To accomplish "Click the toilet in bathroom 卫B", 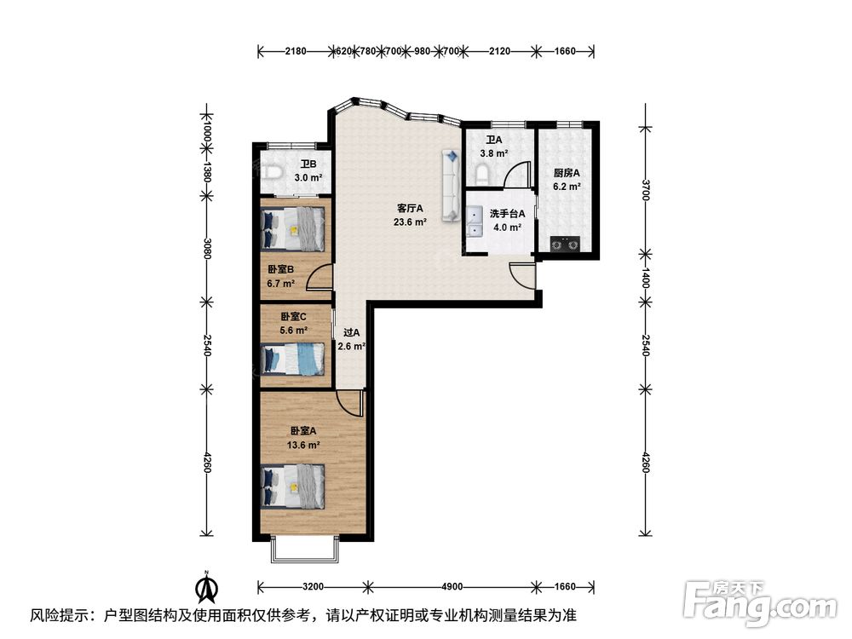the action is (x=273, y=173).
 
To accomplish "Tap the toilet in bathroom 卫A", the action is (x=482, y=175).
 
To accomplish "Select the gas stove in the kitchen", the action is (x=565, y=245).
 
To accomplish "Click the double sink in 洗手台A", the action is (x=475, y=222).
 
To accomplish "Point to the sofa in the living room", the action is (x=451, y=186).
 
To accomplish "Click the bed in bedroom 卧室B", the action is (x=293, y=229).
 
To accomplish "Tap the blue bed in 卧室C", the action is (x=293, y=359).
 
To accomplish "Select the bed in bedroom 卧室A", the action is (x=293, y=486).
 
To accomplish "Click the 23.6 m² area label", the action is (x=410, y=222).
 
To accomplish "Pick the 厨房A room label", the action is (x=567, y=173).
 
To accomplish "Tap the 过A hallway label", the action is (x=352, y=332).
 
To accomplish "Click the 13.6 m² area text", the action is (x=303, y=445).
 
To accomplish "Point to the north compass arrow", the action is (x=207, y=587).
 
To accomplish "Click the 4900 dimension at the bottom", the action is (x=452, y=587).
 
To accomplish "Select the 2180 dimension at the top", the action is (x=296, y=52).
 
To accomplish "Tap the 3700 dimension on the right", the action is (x=646, y=190).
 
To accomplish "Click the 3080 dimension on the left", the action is (x=206, y=248).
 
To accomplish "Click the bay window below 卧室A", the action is (x=305, y=551).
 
